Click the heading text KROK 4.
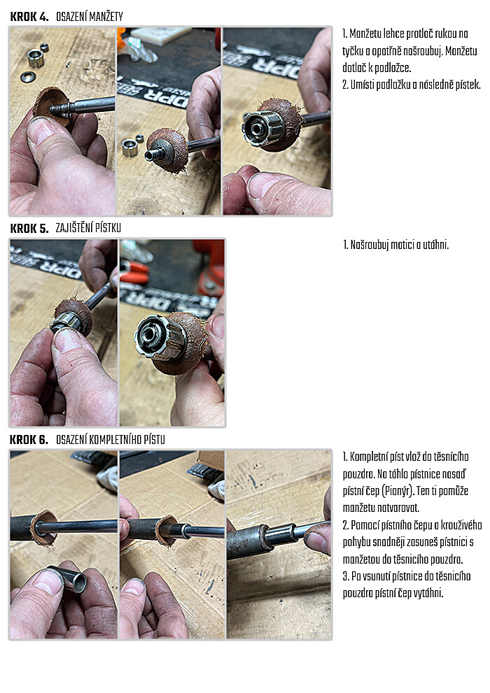coord(29,17)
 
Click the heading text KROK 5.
coord(29,228)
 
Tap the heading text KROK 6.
coord(29,439)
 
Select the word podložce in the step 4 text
coord(393,68)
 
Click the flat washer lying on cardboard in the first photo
coord(27,77)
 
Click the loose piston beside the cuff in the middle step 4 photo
coord(129,148)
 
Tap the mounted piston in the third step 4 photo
coord(260,128)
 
